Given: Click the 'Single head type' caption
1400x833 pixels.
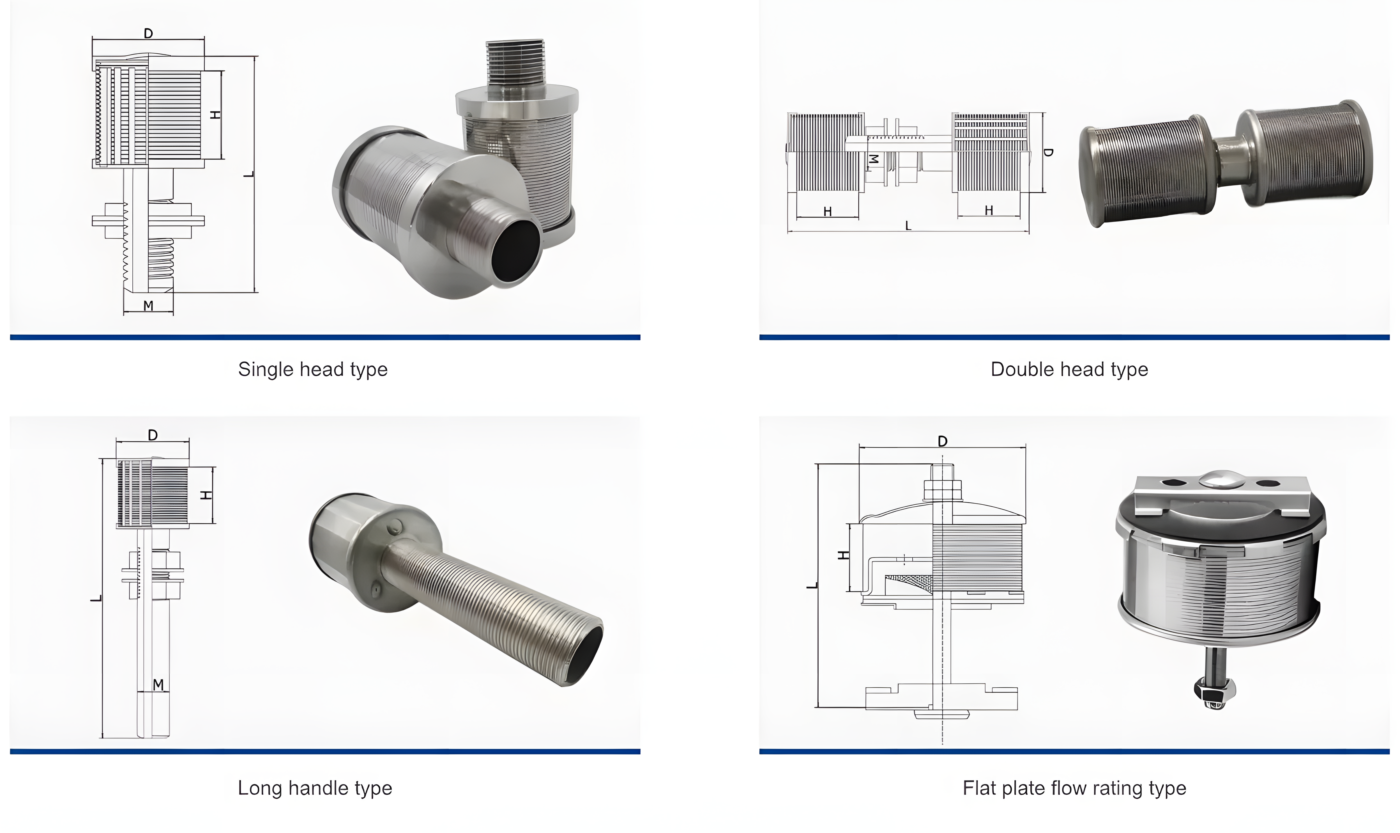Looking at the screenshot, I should (x=312, y=369).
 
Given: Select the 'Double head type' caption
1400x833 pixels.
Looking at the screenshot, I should (x=1069, y=369).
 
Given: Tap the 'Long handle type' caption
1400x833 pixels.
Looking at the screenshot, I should (x=315, y=788).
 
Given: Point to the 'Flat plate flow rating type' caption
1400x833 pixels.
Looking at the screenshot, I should (x=1074, y=788).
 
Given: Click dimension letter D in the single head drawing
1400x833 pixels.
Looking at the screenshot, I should (x=148, y=34).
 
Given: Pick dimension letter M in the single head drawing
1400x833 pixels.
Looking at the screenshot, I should (x=148, y=306).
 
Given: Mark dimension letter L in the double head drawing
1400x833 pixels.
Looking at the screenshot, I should (x=908, y=226).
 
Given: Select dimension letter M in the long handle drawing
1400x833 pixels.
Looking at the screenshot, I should (x=158, y=685).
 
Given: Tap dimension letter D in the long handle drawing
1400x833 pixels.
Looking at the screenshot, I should (x=153, y=435).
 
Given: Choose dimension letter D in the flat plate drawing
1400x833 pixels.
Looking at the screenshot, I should (x=942, y=442).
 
